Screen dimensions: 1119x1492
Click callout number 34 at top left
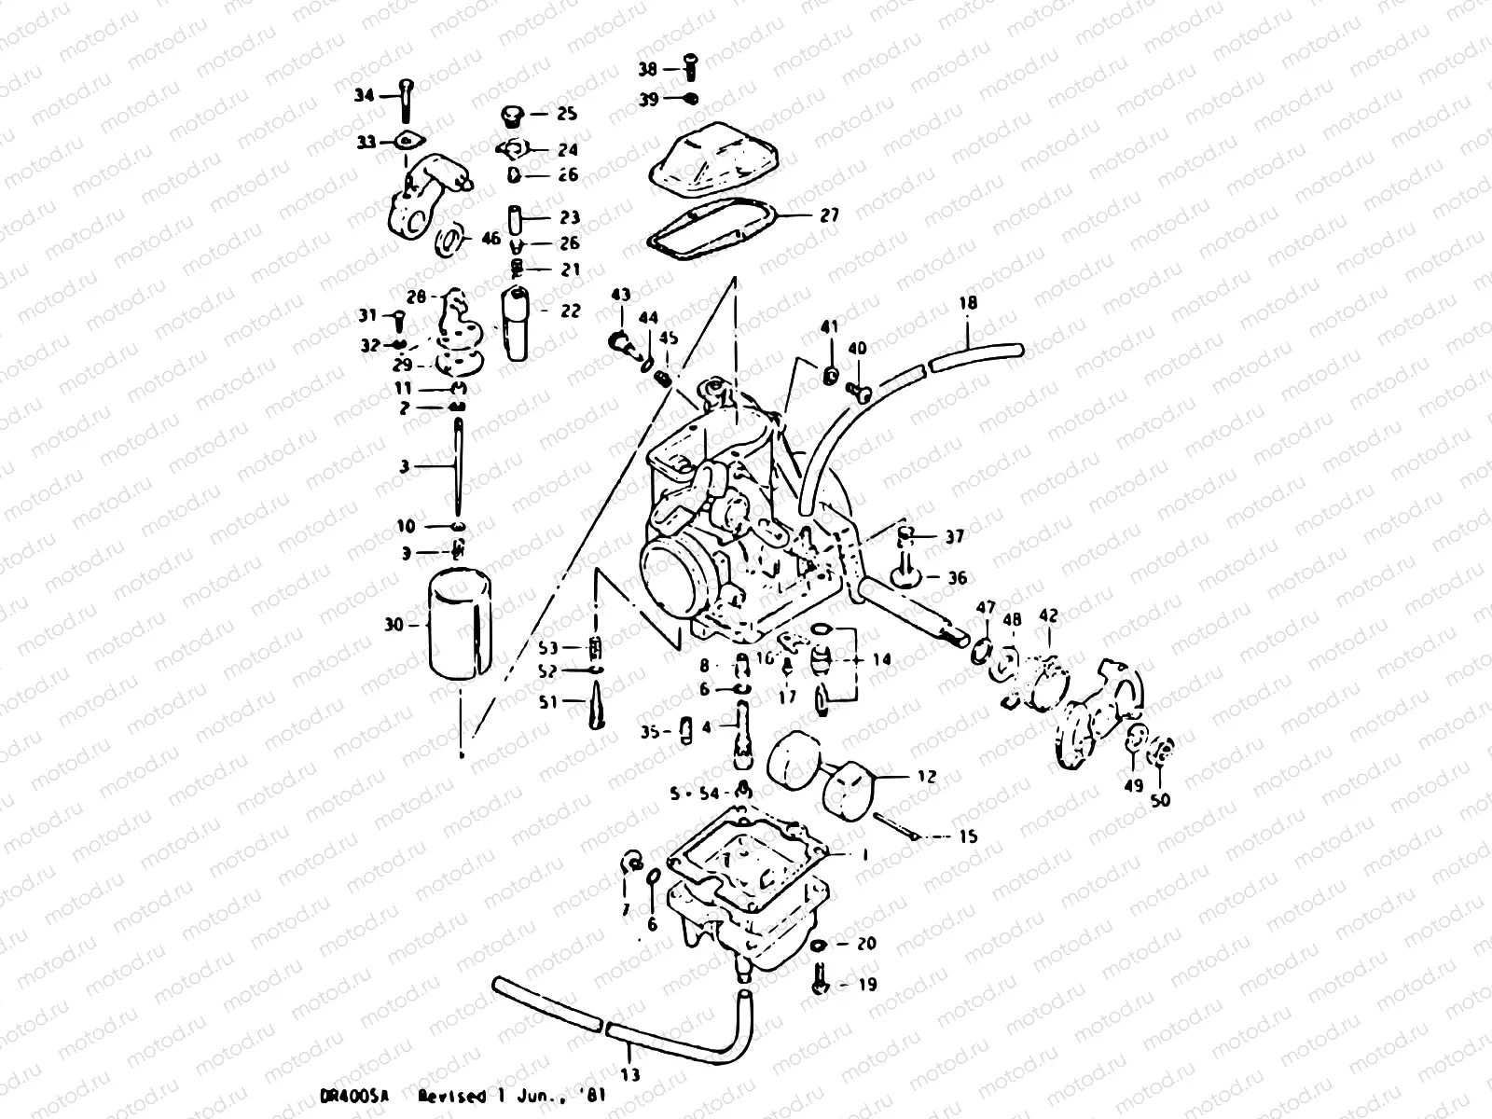pyautogui.click(x=363, y=95)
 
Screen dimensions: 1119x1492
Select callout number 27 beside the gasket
pyautogui.click(x=828, y=215)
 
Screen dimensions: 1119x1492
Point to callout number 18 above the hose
pyautogui.click(x=968, y=303)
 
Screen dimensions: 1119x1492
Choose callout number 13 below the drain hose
pyautogui.click(x=630, y=1075)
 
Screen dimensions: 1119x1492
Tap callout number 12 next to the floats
pyautogui.click(x=927, y=776)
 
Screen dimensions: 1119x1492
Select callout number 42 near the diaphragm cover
pyautogui.click(x=1048, y=615)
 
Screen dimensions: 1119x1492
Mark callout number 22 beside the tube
pyautogui.click(x=571, y=311)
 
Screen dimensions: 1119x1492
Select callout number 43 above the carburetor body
pyautogui.click(x=621, y=295)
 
